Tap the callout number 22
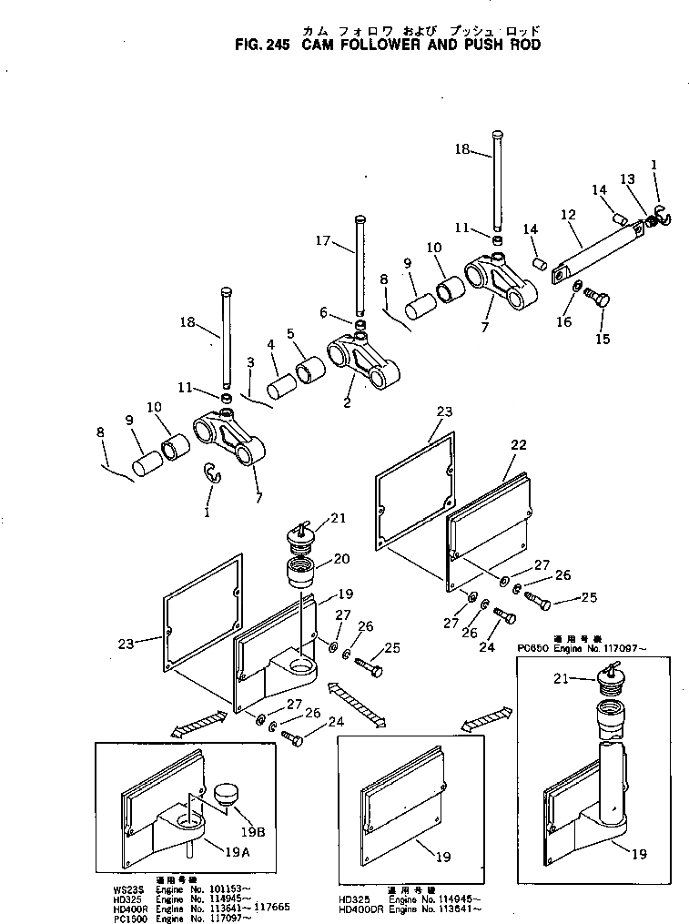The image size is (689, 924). click(518, 445)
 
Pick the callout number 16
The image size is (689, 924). click(564, 321)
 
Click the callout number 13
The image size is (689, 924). click(627, 178)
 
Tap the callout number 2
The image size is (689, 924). click(348, 401)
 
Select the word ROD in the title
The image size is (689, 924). click(522, 44)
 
